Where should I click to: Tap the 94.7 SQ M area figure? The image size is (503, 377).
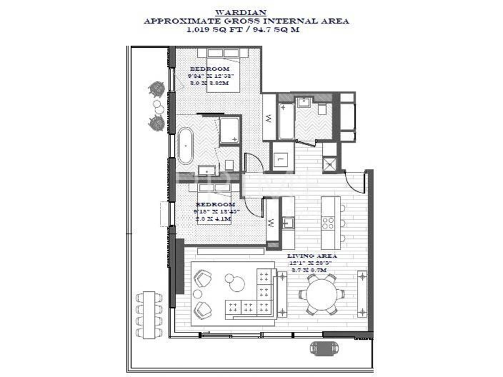coord(286,29)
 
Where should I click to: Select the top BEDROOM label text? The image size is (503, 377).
coord(210,69)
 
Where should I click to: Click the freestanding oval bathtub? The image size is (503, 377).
coord(186,145)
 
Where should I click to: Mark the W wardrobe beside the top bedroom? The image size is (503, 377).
coord(269,118)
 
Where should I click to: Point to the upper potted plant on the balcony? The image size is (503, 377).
coord(157,87)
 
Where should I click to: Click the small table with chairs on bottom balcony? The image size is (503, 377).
coord(320,347)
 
